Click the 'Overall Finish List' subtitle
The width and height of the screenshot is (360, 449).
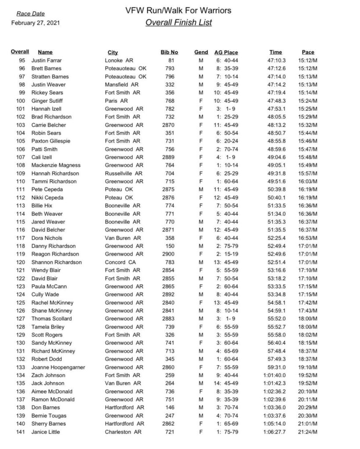tap(178, 22)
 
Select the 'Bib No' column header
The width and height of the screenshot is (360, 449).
tap(169, 53)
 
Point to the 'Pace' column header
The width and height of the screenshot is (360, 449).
tap(308, 53)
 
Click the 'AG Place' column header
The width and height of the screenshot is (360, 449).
tap(226, 53)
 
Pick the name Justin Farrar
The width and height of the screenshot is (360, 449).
tap(45, 61)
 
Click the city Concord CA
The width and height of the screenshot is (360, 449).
tap(121, 262)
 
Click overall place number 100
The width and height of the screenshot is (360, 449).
tap(21, 101)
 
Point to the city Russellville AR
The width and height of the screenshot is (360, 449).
tap(124, 174)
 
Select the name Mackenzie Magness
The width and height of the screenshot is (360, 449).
tap(50, 165)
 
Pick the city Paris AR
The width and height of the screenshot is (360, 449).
tap(116, 101)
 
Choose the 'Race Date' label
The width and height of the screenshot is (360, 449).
tap(30, 14)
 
